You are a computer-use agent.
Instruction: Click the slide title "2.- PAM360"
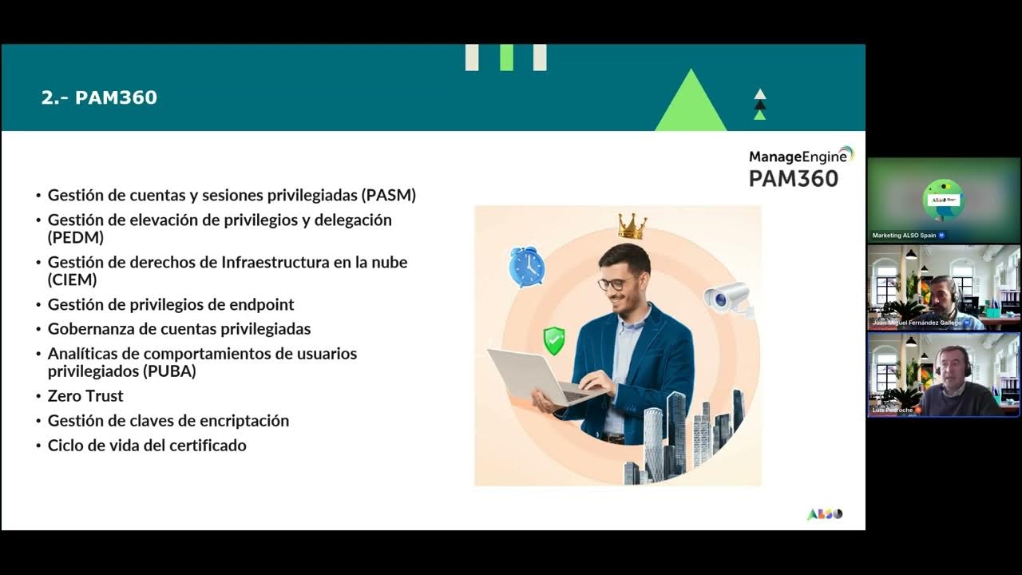pos(99,98)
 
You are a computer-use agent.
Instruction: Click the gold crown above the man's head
pos(632,226)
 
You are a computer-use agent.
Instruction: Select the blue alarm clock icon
pos(527,267)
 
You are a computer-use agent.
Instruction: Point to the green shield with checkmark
pos(554,341)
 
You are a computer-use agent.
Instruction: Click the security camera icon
pos(727,298)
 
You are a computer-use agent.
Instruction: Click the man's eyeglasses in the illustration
pos(616,283)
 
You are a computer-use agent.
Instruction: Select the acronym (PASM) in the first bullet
pos(389,195)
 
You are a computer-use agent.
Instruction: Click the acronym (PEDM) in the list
pos(76,237)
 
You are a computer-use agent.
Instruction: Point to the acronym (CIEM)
pos(73,280)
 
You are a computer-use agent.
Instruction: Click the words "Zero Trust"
pos(85,396)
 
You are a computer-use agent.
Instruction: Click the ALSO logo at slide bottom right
pos(825,514)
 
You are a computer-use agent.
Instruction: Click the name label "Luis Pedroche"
pos(893,410)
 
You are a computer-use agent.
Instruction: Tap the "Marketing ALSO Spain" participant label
pos(904,236)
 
